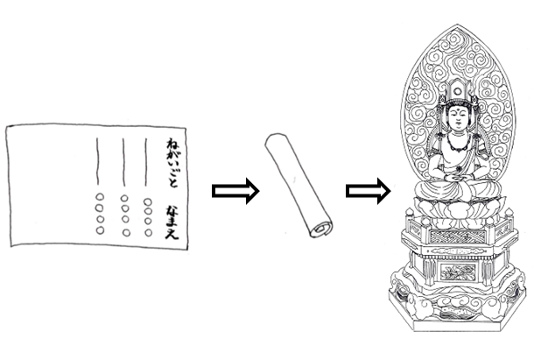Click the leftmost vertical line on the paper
tap(98, 161)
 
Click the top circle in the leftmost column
tap(100, 197)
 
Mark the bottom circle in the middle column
tap(124, 231)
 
